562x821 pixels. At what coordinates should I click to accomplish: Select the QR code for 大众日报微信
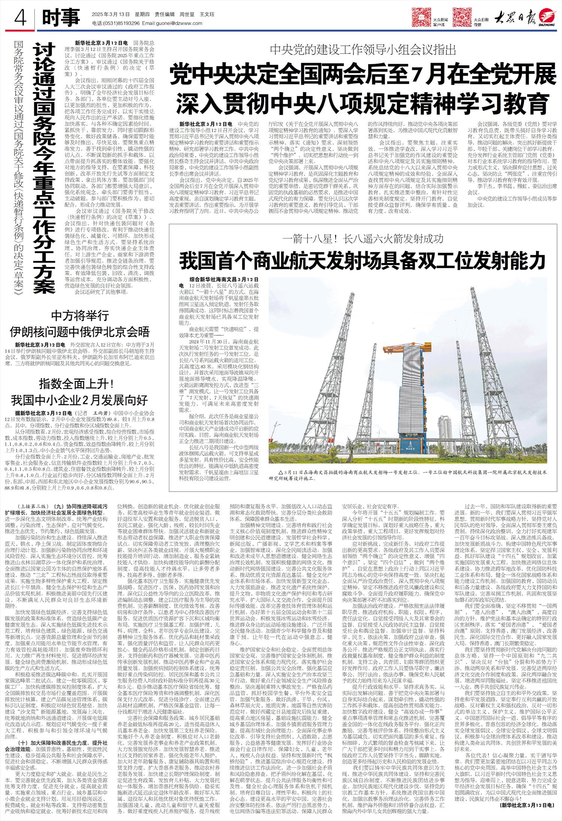tap(462, 16)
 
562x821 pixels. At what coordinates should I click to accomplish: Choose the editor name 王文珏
tap(207, 14)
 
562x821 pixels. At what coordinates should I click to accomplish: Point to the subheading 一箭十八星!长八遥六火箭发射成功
tap(363, 239)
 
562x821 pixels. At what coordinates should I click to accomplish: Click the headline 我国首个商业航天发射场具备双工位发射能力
tap(361, 261)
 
